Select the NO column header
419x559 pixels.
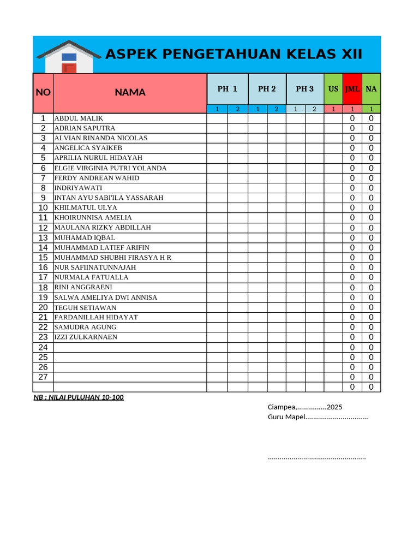(43, 92)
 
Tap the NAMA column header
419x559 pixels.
(130, 92)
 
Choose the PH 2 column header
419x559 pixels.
(267, 89)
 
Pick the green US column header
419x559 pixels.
(333, 89)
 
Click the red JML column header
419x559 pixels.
(352, 89)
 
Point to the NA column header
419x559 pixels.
(371, 89)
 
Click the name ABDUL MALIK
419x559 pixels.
(79, 118)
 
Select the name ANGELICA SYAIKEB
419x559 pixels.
(88, 148)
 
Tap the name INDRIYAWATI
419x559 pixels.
(78, 188)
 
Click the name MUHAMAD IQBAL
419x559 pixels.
(85, 238)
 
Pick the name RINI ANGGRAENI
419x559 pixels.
(83, 287)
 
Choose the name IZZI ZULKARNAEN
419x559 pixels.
(86, 337)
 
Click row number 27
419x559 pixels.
(43, 377)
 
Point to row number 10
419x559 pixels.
(43, 208)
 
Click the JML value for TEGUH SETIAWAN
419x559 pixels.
(352, 307)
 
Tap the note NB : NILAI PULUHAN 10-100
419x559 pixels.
(79, 397)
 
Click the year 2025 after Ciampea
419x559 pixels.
(334, 407)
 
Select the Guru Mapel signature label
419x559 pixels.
(286, 418)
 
